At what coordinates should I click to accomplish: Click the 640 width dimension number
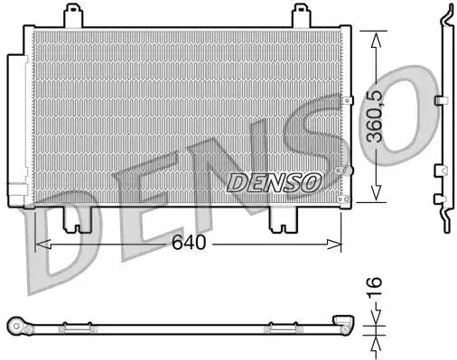(x=190, y=244)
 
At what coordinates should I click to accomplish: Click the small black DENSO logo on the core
(x=274, y=182)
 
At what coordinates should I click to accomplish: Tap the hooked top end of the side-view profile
(x=446, y=12)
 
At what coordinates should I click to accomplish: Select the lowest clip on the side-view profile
(x=440, y=198)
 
